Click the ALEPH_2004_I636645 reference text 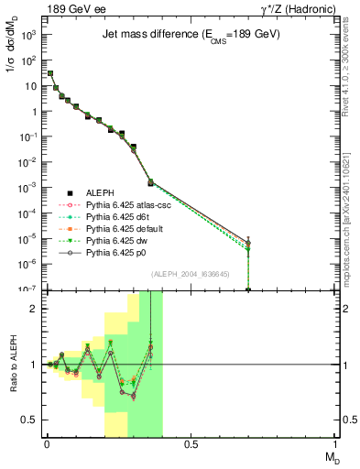click(x=191, y=274)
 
